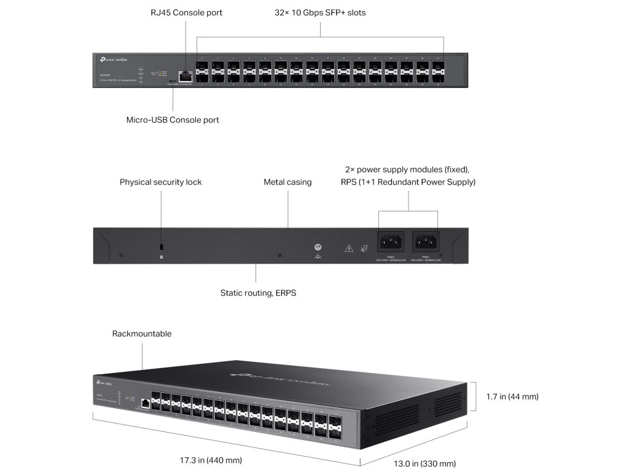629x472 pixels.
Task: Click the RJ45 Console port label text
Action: [x=186, y=12]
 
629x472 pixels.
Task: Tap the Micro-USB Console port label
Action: [x=173, y=120]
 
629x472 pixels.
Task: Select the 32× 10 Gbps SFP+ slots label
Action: [x=320, y=12]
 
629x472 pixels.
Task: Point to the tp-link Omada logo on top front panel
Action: [x=113, y=59]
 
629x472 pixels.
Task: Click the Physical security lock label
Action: [x=160, y=182]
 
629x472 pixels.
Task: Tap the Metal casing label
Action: [x=287, y=182]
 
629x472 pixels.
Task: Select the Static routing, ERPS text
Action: [x=258, y=293]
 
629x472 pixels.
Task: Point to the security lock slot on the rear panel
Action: [x=161, y=246]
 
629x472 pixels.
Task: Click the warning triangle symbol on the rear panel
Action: [x=348, y=248]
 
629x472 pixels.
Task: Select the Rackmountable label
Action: [x=142, y=334]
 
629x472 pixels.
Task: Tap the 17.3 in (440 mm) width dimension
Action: [x=211, y=460]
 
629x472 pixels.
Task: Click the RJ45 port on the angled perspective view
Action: [x=145, y=403]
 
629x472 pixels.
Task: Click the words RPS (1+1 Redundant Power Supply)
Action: [x=408, y=182]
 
